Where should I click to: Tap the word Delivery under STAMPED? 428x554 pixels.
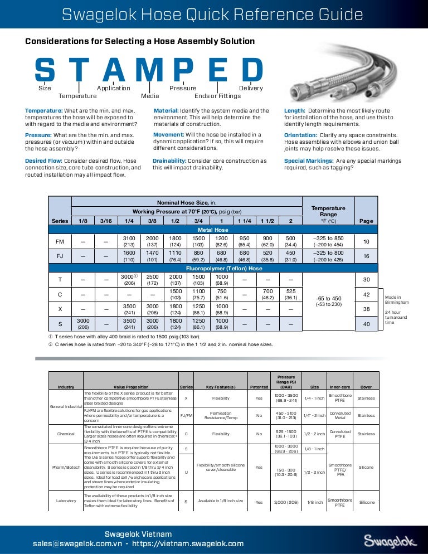click(251, 88)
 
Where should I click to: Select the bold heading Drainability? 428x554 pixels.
click(171, 161)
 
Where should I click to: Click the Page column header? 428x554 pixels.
click(366, 221)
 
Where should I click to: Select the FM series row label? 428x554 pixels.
click(60, 241)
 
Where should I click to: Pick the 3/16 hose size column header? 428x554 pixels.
click(106, 221)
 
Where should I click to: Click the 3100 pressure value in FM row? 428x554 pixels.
click(129, 238)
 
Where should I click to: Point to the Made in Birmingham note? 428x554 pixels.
click(396, 300)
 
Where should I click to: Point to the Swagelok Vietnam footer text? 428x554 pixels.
click(138, 534)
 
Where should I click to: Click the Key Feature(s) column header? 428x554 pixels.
click(221, 386)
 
